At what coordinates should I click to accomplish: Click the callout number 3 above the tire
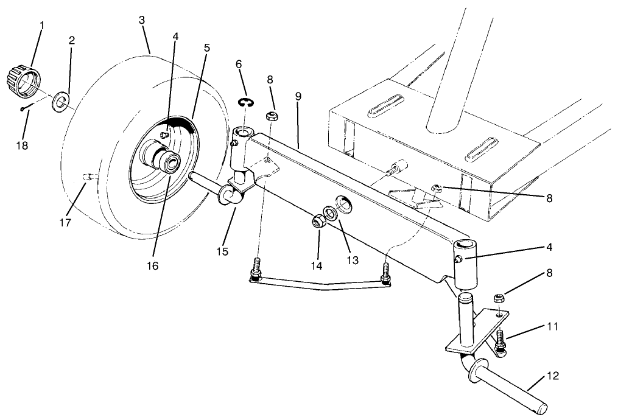click(142, 21)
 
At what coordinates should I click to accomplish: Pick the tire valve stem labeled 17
click(88, 177)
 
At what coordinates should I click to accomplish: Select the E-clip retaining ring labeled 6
click(245, 103)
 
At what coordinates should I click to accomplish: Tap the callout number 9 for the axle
click(298, 97)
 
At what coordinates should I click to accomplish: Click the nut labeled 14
click(317, 222)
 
